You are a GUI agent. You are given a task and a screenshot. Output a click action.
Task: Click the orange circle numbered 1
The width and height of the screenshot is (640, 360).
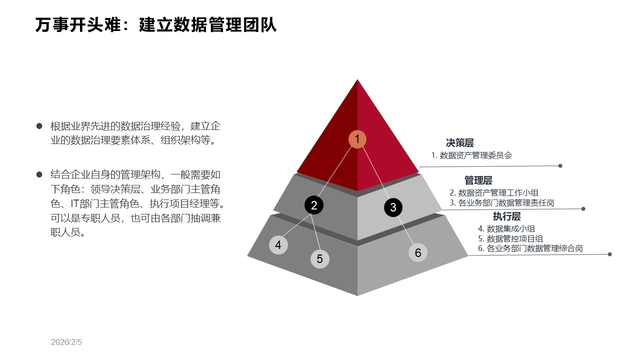pyautogui.click(x=357, y=139)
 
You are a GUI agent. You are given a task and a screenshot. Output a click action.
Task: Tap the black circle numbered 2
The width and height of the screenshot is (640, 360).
pyautogui.click(x=314, y=205)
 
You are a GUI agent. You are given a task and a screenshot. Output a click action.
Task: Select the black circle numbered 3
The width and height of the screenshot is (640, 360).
pyautogui.click(x=393, y=207)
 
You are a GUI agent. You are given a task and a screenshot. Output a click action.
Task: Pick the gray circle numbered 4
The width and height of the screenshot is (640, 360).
pyautogui.click(x=278, y=245)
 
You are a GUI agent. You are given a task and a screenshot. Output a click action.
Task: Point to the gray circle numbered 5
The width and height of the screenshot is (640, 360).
pyautogui.click(x=320, y=258)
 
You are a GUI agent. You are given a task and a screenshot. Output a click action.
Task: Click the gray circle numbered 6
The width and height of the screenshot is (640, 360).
pyautogui.click(x=418, y=252)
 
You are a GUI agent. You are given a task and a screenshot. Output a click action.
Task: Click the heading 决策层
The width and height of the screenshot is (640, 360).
pyautogui.click(x=459, y=143)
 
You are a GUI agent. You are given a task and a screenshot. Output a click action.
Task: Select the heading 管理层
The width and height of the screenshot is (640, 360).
pyautogui.click(x=478, y=180)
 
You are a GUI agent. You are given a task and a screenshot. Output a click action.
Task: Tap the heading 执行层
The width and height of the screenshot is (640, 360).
pyautogui.click(x=506, y=216)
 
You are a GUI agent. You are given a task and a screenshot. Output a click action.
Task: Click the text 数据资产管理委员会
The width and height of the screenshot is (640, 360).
pyautogui.click(x=476, y=155)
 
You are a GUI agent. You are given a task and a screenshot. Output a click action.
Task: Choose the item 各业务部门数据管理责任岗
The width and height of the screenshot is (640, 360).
pyautogui.click(x=506, y=203)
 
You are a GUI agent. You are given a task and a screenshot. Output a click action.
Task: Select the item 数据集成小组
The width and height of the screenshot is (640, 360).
pyautogui.click(x=510, y=228)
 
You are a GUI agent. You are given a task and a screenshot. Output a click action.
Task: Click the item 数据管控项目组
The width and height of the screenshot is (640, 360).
pyautogui.click(x=514, y=238)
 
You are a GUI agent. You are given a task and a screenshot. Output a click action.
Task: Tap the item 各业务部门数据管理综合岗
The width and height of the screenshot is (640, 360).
pyautogui.click(x=534, y=248)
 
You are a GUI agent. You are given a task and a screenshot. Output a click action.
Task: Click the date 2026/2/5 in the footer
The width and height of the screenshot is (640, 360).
pyautogui.click(x=66, y=342)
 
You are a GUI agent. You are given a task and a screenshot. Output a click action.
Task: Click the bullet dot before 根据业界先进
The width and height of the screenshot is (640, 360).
pyautogui.click(x=39, y=126)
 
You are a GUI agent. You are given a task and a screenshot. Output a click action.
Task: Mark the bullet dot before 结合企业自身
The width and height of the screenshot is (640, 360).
pyautogui.click(x=39, y=174)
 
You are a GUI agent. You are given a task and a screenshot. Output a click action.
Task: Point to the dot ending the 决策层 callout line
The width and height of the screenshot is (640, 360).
pyautogui.click(x=560, y=165)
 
